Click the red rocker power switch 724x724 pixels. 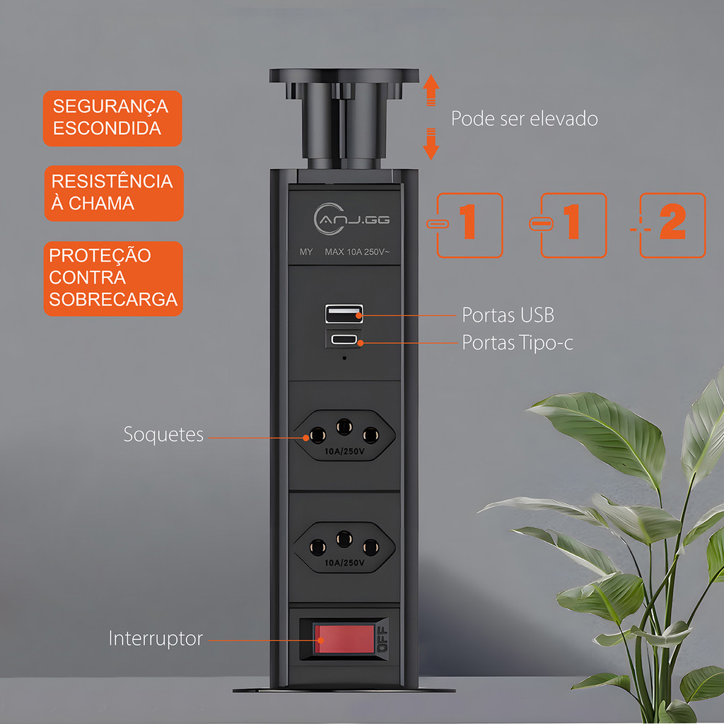pos(344,639)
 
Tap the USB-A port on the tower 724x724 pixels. pos(344,314)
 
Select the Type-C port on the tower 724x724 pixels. pos(344,340)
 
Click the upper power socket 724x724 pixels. pos(344,436)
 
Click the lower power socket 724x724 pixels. pos(344,548)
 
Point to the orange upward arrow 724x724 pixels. pos(431,90)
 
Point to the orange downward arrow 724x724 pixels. pos(431,144)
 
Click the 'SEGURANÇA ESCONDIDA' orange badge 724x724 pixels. pos(112,118)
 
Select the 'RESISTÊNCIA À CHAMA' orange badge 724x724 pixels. pos(114,193)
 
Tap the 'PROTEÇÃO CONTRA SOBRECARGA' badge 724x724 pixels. pos(113,279)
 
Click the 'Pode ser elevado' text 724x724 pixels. pos(524,119)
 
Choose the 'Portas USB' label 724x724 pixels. pos(508,315)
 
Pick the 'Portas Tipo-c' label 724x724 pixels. pos(518,343)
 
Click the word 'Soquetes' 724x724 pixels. pos(163,435)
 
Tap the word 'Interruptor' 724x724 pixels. pos(156,638)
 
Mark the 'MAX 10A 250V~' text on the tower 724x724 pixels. pos(357,252)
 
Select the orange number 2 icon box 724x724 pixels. pos(672,226)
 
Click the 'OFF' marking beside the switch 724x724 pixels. pos(383,639)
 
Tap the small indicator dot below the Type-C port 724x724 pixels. pos(344,358)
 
